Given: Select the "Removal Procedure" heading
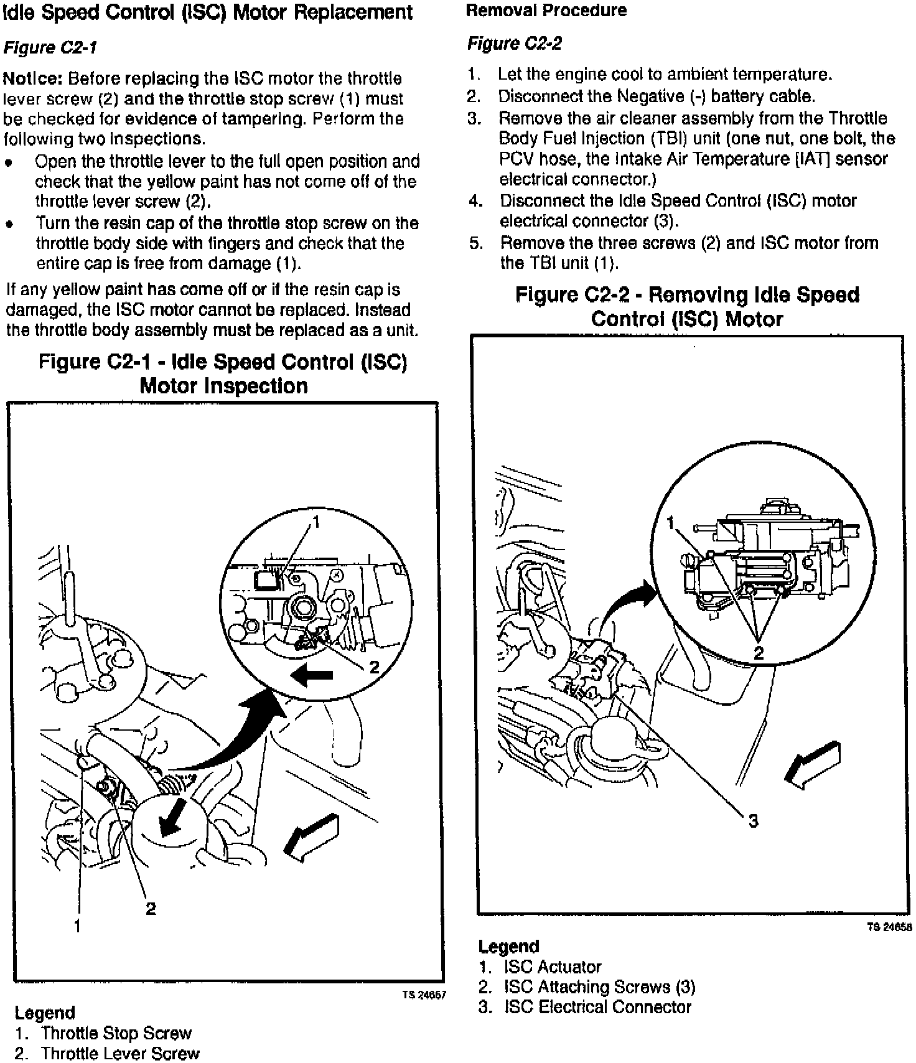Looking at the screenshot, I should click(546, 11).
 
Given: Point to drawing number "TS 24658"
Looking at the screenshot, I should click(889, 927).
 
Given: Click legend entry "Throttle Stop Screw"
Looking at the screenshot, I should click(116, 1033).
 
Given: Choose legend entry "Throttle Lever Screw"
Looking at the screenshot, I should click(120, 1053).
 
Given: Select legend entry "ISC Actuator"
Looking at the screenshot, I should click(553, 967).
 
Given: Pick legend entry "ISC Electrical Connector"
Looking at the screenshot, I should click(597, 1007).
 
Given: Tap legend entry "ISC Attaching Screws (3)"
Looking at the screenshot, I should click(599, 987).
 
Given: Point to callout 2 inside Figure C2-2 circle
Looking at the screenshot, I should click(759, 653).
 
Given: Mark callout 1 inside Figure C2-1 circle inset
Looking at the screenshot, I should click(316, 522).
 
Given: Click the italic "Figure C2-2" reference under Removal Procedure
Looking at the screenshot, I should click(514, 43).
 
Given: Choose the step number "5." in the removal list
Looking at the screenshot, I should click(476, 243).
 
